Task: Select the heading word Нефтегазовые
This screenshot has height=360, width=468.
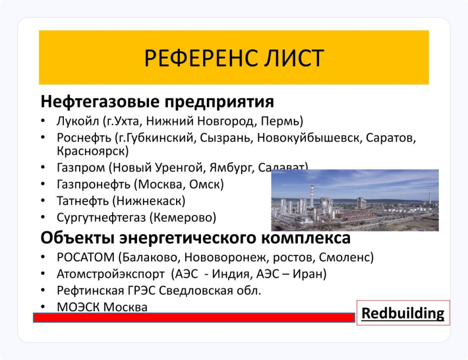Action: (x=100, y=101)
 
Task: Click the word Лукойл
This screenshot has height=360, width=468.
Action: (x=76, y=120)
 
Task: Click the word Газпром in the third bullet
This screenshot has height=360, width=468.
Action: (x=80, y=168)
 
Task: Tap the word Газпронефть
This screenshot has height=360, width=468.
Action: (x=92, y=184)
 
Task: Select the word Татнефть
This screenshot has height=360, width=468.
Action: (x=82, y=201)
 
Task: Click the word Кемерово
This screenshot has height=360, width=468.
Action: (x=183, y=218)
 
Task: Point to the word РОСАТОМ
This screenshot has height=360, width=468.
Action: (x=85, y=257)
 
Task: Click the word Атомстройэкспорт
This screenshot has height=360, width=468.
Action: (x=109, y=274)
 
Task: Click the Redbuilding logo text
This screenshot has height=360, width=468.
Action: (x=402, y=313)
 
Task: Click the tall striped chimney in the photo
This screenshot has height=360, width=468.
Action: (x=312, y=198)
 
